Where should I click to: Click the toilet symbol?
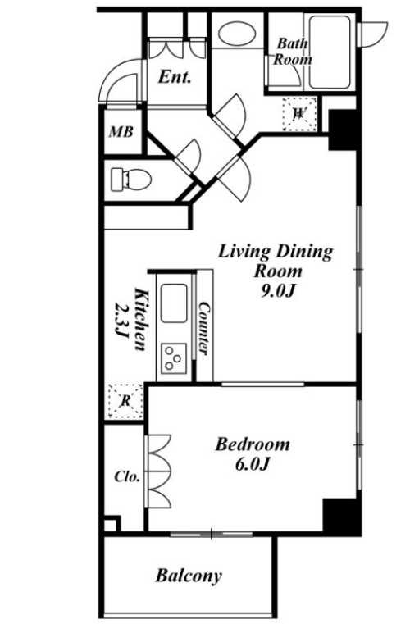click(x=131, y=179)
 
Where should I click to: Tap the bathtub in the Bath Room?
click(x=330, y=52)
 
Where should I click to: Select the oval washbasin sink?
click(x=237, y=34)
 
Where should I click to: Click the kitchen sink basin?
click(x=174, y=303)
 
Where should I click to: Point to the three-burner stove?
click(x=174, y=358)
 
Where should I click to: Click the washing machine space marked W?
click(x=299, y=114)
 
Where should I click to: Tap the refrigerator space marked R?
click(x=125, y=401)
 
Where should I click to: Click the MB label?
click(x=121, y=132)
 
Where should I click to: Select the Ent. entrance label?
click(x=175, y=77)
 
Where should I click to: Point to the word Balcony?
click(x=189, y=576)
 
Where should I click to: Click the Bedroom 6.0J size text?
click(x=253, y=464)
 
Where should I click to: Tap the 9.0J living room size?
click(x=277, y=291)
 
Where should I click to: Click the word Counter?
click(x=203, y=329)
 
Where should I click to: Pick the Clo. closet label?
click(x=127, y=476)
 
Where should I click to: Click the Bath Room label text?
click(x=293, y=52)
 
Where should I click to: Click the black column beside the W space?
click(x=343, y=130)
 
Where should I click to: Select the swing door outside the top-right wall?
click(x=372, y=34)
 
